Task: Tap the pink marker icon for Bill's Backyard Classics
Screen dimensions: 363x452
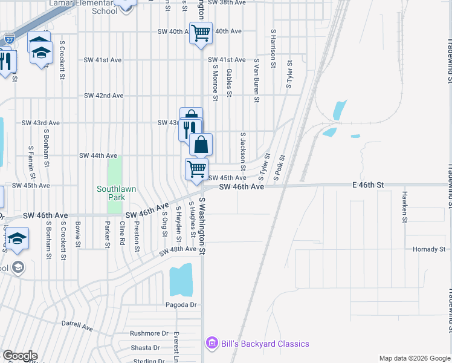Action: (x=211, y=344)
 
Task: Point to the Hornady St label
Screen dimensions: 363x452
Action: (x=428, y=249)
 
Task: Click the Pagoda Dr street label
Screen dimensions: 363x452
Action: (x=181, y=304)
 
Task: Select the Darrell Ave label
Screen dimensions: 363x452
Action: (x=77, y=325)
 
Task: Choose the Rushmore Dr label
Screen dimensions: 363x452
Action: (x=149, y=333)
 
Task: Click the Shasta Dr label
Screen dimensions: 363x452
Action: (x=148, y=348)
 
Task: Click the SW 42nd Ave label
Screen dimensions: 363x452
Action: (x=104, y=96)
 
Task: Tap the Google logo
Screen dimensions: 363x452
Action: (x=19, y=356)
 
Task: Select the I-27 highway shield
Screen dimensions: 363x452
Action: (x=9, y=39)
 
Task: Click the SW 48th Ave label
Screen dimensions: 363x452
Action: (x=178, y=249)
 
